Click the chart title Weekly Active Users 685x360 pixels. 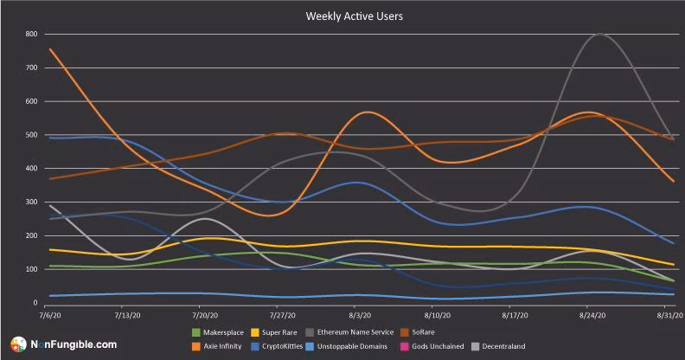[342, 15]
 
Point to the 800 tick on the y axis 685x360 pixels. [31, 35]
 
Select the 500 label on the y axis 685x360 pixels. [31, 135]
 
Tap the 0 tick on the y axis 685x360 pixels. [35, 303]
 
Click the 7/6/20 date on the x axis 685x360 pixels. [39, 318]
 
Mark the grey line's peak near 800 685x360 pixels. [599, 35]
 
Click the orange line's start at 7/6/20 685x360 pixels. [49, 48]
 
